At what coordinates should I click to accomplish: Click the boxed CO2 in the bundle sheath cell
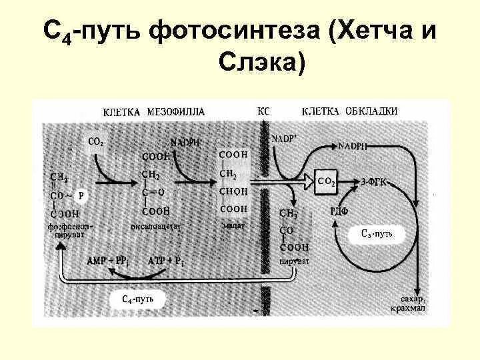tap(327, 181)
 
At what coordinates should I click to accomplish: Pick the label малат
tap(233, 226)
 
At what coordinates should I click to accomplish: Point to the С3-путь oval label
tap(381, 233)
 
